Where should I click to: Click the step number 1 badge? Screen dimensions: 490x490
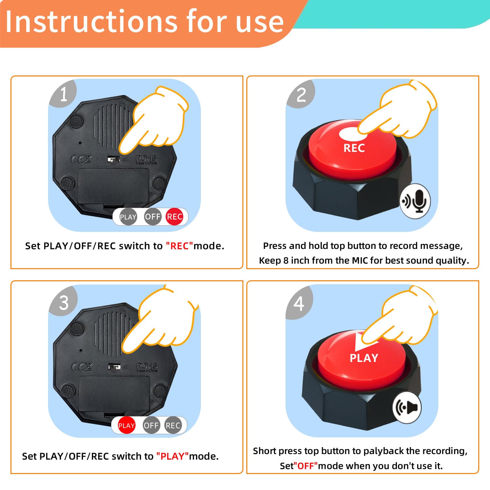click(x=63, y=94)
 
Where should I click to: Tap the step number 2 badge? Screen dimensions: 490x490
click(x=301, y=95)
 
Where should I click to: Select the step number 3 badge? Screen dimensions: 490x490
click(x=64, y=303)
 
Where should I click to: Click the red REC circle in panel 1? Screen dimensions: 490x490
click(x=174, y=217)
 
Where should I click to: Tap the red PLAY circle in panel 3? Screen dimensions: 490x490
click(x=126, y=425)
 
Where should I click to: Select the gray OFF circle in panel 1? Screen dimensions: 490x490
click(x=153, y=217)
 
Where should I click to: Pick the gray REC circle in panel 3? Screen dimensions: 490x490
click(x=173, y=425)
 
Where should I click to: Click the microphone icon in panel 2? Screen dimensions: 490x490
click(x=415, y=201)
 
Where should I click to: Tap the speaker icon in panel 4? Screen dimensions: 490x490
click(x=407, y=407)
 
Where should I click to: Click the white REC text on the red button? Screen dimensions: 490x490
click(x=354, y=148)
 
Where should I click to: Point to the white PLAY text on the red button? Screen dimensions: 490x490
click(x=364, y=358)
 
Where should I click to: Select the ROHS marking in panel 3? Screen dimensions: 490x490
click(x=147, y=366)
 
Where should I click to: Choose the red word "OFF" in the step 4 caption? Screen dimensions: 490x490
click(x=306, y=466)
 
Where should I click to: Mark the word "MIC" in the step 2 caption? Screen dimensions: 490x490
click(x=359, y=260)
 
